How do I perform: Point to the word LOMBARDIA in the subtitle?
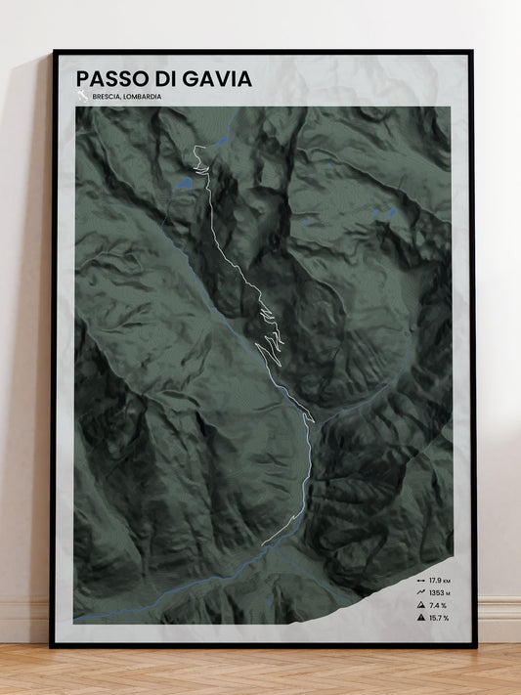pyautogui.click(x=143, y=98)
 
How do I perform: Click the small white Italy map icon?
pyautogui.click(x=82, y=96)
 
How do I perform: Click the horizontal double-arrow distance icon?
pyautogui.click(x=419, y=581)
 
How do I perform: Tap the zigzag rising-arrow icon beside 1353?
pyautogui.click(x=419, y=592)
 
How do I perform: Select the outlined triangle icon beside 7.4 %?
pyautogui.click(x=419, y=605)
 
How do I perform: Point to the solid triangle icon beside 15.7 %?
pyautogui.click(x=419, y=618)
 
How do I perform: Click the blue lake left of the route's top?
pyautogui.click(x=183, y=182)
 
